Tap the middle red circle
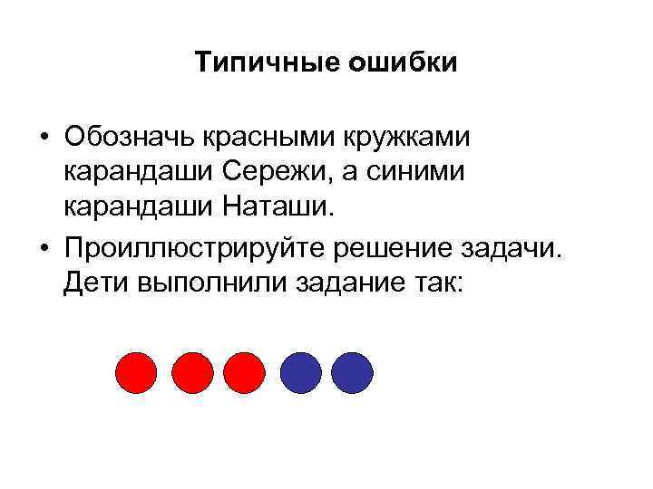191,371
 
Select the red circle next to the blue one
243,371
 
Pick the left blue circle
300,371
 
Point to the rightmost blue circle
352,371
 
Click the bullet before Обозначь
44,140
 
